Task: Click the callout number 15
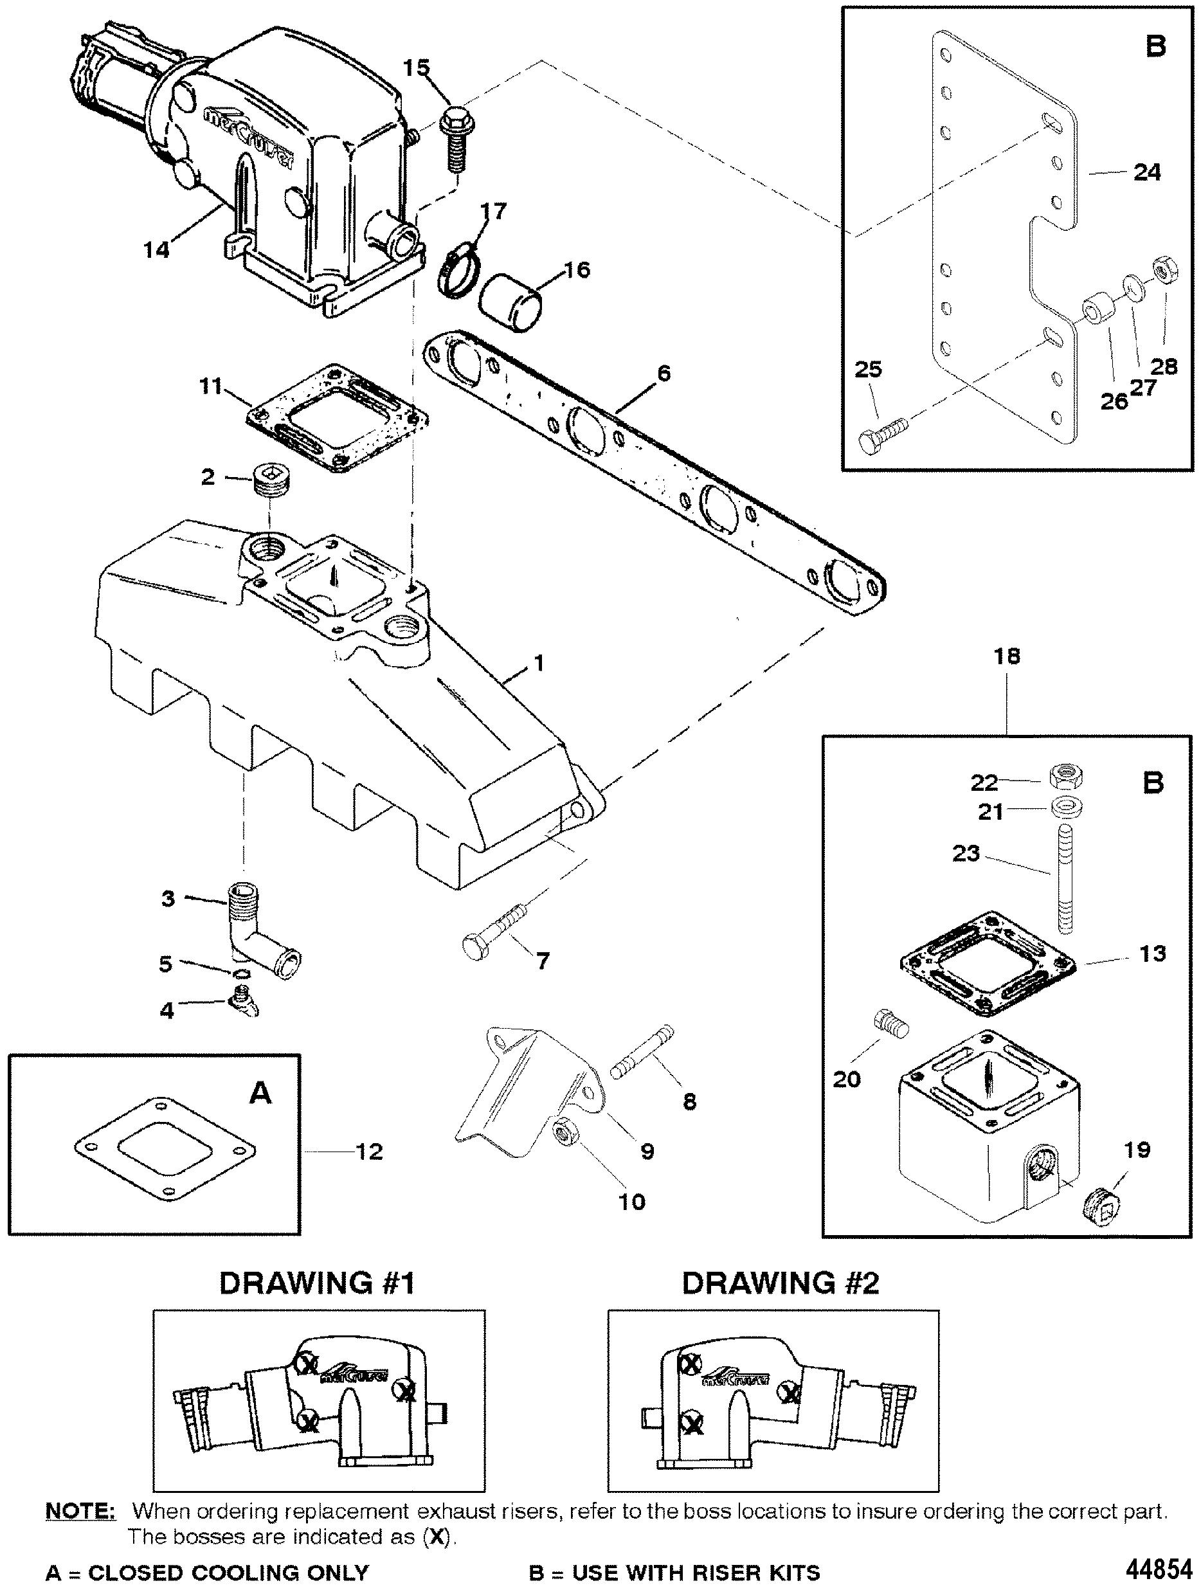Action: [416, 68]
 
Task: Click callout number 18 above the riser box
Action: [1007, 656]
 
